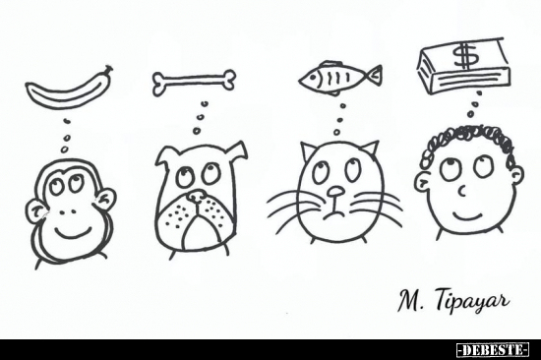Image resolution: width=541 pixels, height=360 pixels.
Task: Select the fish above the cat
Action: [340, 78]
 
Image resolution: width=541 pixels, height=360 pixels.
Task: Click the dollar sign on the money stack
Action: [466, 55]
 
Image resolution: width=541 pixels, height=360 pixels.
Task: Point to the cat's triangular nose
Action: [335, 192]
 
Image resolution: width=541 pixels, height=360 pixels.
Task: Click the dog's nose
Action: [196, 196]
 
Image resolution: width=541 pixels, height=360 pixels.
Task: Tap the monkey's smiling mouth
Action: [74, 232]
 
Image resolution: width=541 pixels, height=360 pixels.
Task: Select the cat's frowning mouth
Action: [333, 215]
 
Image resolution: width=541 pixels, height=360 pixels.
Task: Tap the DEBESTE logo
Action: [493, 350]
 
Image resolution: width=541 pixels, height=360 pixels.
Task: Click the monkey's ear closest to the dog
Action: [104, 201]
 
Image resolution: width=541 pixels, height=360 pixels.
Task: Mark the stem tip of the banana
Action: [110, 68]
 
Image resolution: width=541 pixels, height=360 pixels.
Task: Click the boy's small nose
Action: [462, 191]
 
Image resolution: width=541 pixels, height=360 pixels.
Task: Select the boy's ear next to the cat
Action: [422, 183]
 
